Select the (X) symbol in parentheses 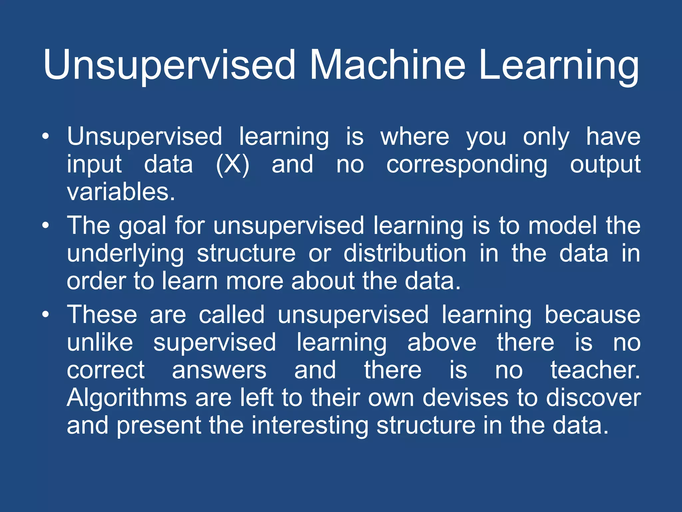(x=232, y=164)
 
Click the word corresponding (x=467, y=164)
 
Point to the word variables (x=121, y=192)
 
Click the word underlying (x=125, y=254)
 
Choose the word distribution (x=405, y=253)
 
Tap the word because (x=592, y=314)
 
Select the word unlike (x=100, y=342)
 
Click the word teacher (x=595, y=370)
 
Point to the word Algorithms (x=127, y=398)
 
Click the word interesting (x=310, y=426)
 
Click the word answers (x=219, y=370)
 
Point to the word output (x=605, y=164)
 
